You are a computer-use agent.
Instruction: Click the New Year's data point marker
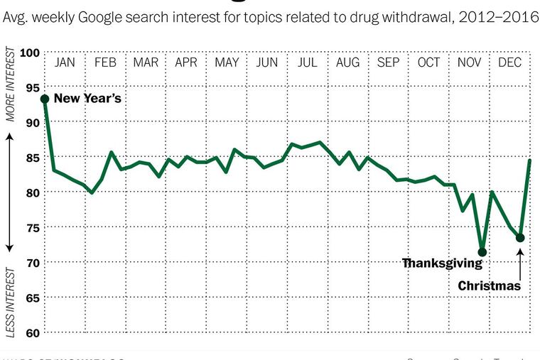(45, 99)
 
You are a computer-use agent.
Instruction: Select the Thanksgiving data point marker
(482, 252)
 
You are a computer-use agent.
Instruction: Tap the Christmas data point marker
(520, 238)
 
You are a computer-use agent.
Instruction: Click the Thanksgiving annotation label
(442, 263)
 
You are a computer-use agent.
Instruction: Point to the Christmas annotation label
(490, 286)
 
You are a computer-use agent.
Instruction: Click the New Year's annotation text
(87, 99)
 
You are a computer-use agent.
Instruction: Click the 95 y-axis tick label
(31, 87)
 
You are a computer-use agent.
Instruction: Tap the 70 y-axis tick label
(31, 263)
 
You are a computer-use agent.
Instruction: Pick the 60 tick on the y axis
(31, 332)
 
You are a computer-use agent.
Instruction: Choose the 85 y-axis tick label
(31, 158)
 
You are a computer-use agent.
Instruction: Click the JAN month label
(65, 62)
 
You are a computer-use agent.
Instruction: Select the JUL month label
(308, 62)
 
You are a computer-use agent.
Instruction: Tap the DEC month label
(509, 62)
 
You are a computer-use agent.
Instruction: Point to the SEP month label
(388, 62)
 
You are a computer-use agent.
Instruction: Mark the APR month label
(186, 62)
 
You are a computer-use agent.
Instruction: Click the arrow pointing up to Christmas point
(520, 258)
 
